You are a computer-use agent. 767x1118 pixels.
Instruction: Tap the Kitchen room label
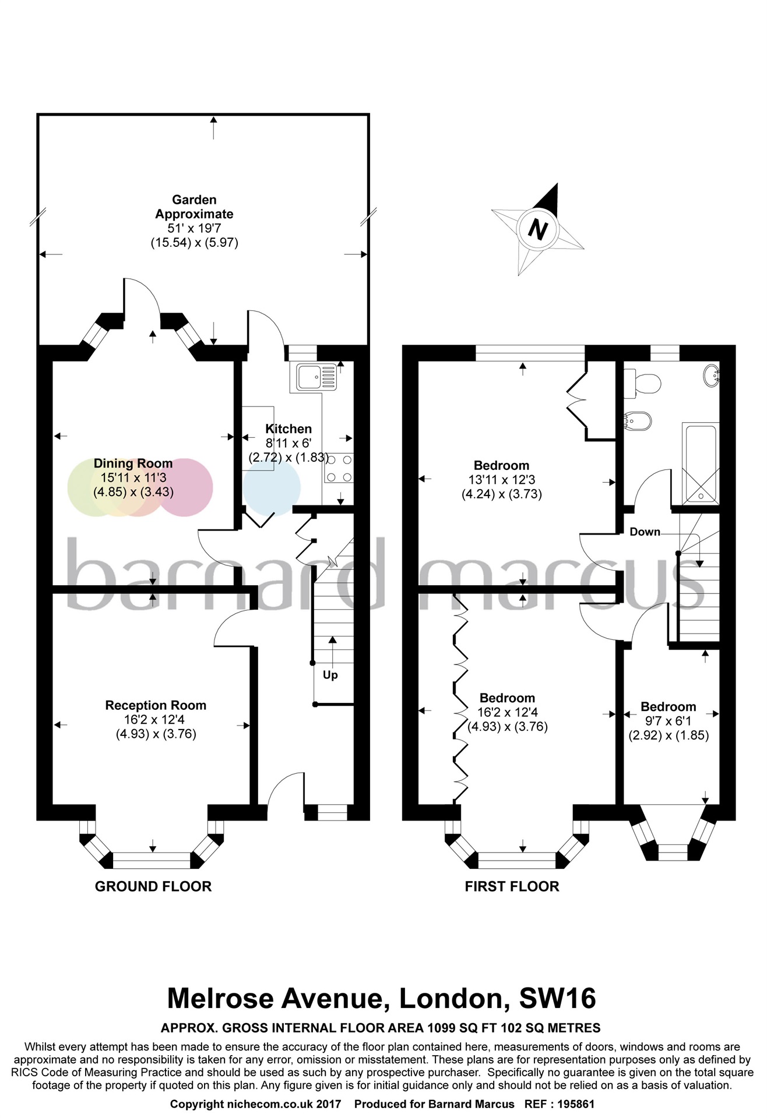coord(288,429)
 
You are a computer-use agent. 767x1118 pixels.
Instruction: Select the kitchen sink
coord(316,377)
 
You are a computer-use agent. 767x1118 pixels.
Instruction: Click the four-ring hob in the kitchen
coord(339,468)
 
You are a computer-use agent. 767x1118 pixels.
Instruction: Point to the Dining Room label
coord(133,464)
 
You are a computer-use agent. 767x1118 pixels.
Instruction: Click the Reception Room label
coord(156,705)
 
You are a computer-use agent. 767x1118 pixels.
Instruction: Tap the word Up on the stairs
coord(330,675)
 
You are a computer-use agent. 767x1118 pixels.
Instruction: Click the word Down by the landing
coord(645,532)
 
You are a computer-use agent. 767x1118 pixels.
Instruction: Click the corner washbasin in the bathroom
coord(712,375)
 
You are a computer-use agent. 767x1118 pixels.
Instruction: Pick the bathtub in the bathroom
coord(700,464)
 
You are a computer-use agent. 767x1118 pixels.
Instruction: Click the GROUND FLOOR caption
coord(153,886)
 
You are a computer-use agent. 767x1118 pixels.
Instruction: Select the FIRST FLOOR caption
coord(512,886)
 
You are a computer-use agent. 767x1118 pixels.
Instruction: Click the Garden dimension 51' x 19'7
coord(194,228)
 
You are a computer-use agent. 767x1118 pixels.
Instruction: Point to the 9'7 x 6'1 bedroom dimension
coord(669,721)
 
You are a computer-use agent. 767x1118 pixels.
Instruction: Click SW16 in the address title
coord(557,998)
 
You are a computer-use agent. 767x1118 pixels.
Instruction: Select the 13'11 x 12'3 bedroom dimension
coord(502,480)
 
